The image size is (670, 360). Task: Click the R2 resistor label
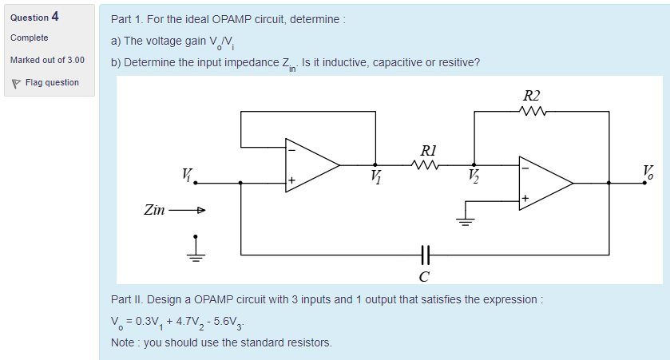coord(531,97)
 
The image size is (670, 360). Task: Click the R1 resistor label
coord(428,151)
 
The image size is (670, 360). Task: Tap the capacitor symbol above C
coord(425,255)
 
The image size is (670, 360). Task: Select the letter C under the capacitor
coord(424,277)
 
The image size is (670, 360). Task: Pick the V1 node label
coord(376,176)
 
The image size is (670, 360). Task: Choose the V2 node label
coord(475,176)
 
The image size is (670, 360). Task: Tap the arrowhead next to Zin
coord(200,211)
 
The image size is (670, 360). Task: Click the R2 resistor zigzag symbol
coord(531,113)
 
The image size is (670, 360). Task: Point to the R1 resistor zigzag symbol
coord(426,165)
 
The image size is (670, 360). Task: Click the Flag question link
coord(52,82)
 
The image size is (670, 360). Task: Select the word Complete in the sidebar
coord(30,38)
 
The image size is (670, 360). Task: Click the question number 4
coord(55,16)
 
